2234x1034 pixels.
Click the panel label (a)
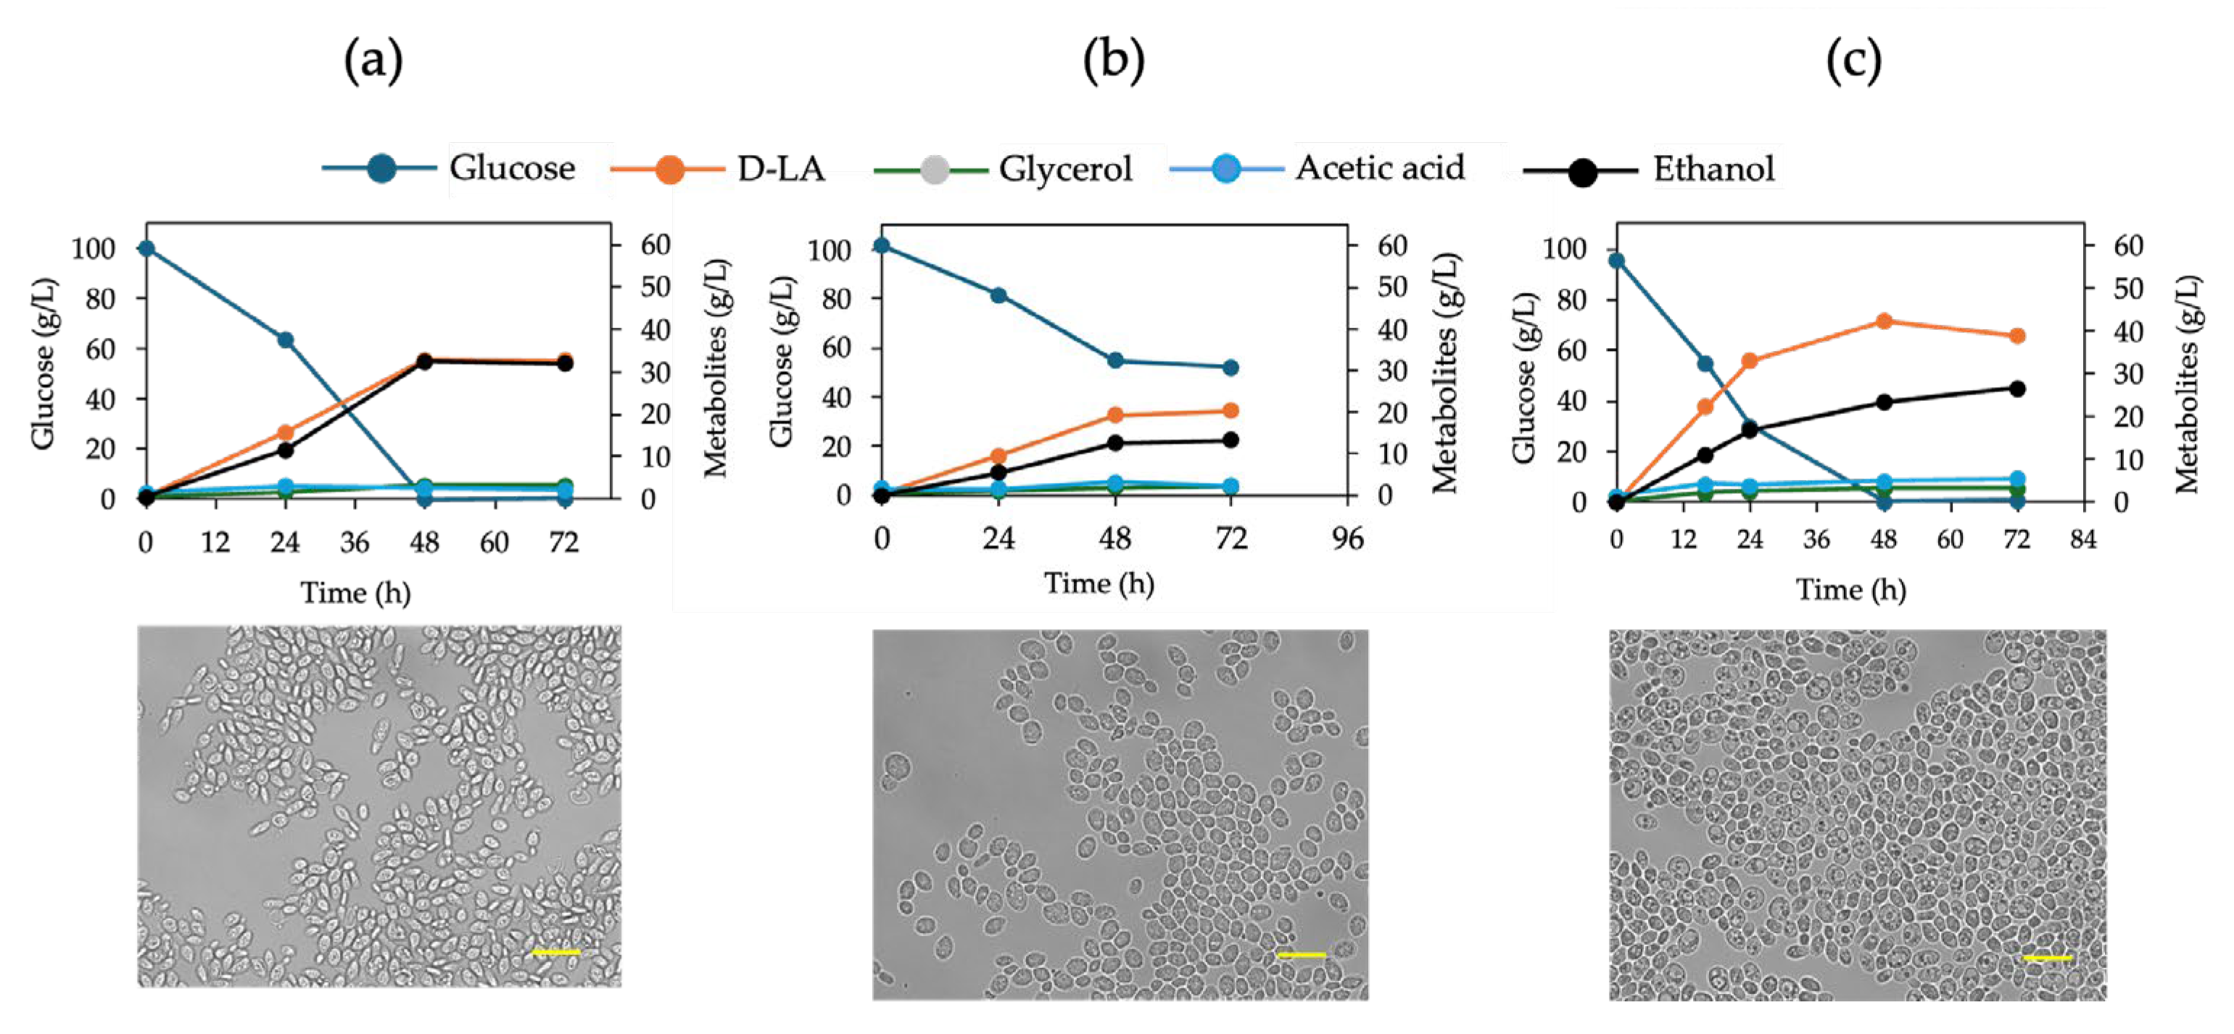point(373,62)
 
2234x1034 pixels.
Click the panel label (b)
point(1114,62)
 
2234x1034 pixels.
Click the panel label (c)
point(1854,62)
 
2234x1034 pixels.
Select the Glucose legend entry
point(512,168)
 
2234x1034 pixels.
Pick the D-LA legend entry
point(779,168)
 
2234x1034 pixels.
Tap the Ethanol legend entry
point(1713,168)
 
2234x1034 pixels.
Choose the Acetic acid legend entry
point(1379,168)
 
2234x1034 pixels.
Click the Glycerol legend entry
point(1065,168)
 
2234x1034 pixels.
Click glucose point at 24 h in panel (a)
point(285,340)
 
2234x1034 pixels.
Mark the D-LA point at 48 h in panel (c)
point(1884,321)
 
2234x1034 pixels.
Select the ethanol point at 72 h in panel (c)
point(2017,389)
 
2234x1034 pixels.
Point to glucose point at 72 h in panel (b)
point(1230,368)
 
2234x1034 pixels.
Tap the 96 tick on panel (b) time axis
point(1346,539)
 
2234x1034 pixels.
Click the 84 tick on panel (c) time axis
point(2083,539)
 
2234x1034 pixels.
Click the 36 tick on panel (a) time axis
point(355,543)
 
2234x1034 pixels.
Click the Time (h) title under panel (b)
point(1099,583)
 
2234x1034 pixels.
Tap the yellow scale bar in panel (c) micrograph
point(2047,958)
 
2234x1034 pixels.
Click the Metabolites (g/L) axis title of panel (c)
point(2187,384)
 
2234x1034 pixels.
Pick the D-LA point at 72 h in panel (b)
point(1230,411)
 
